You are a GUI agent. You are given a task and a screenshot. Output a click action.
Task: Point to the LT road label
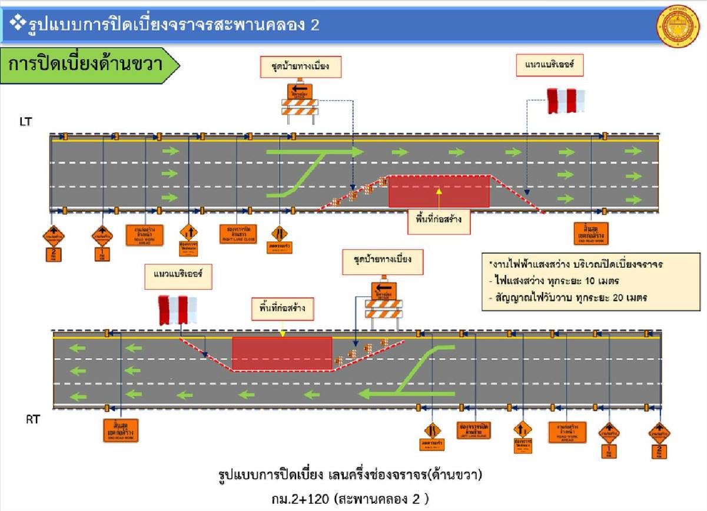point(25,121)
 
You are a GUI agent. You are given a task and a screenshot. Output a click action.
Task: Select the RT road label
point(32,420)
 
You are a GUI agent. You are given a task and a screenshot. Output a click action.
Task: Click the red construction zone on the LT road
point(439,191)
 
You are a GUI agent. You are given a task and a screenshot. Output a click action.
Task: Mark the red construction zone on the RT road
point(282,353)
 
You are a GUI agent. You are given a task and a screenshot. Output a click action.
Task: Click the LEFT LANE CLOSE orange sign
point(474,430)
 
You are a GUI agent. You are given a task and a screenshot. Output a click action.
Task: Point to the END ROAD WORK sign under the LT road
point(590,234)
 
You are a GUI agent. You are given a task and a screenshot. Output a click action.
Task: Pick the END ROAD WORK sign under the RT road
point(121,430)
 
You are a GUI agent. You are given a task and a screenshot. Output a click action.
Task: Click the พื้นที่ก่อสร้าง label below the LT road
point(439,221)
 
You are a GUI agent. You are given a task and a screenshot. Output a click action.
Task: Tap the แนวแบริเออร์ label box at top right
point(549,66)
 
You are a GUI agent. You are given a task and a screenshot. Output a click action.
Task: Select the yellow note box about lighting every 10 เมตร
point(590,281)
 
